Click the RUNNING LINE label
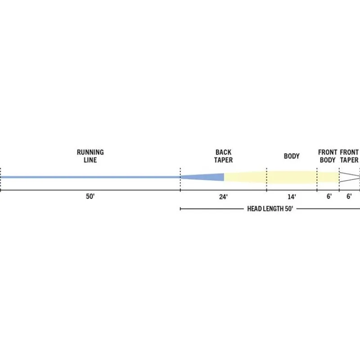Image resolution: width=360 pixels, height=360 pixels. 90,156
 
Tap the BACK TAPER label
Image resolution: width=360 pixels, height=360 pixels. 223,156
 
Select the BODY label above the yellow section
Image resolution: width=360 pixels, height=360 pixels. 292,156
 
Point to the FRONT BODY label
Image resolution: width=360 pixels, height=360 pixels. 328,156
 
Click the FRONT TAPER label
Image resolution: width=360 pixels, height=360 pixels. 349,156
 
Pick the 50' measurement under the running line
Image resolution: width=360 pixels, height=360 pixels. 90,197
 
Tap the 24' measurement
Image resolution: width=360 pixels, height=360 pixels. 223,197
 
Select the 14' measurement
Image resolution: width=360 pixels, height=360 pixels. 292,197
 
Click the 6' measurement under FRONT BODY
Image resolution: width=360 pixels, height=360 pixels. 329,196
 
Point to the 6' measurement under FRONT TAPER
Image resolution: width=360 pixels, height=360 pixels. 349,196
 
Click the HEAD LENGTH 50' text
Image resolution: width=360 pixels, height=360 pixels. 270,209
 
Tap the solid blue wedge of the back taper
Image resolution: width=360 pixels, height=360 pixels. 207,177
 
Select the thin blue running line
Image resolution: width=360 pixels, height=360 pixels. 90,177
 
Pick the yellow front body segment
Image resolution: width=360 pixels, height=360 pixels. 328,177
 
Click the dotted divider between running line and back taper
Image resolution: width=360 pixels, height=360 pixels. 180,179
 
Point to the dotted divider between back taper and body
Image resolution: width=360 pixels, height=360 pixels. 266,179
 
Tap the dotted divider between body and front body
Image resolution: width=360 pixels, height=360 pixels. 317,179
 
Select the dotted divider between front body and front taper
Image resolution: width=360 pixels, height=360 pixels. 339,179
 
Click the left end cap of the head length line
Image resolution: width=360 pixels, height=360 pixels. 180,209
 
